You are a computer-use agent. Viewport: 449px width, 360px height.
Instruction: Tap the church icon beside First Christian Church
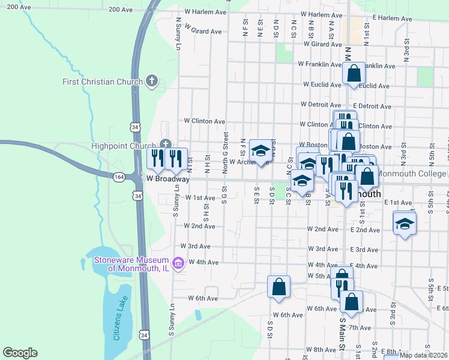click(x=152, y=80)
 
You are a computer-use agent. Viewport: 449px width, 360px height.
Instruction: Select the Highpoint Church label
click(x=124, y=145)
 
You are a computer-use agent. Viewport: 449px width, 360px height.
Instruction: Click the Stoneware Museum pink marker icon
click(x=178, y=263)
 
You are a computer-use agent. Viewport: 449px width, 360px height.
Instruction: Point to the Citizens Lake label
click(x=120, y=325)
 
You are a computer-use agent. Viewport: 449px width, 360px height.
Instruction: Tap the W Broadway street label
click(x=168, y=179)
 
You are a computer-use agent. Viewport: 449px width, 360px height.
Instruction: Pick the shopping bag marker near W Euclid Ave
click(x=354, y=73)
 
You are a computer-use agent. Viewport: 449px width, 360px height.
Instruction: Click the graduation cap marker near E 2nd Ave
click(x=405, y=223)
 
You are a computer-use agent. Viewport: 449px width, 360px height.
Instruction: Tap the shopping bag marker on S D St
click(x=279, y=286)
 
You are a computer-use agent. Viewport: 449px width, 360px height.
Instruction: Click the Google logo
click(x=20, y=353)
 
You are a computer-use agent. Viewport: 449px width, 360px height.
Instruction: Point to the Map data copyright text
click(x=424, y=355)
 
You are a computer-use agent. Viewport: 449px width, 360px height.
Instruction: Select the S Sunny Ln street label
click(x=177, y=201)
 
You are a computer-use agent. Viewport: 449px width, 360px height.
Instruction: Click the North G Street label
click(x=226, y=153)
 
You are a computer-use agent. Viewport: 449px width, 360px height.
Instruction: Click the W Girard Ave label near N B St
click(x=323, y=44)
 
